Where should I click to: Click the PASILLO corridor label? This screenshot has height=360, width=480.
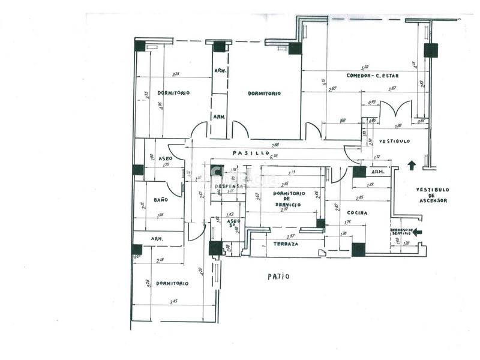pos(250,153)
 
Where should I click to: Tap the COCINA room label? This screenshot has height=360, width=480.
pos(356,212)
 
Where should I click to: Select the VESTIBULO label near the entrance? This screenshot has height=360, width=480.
pos(394,141)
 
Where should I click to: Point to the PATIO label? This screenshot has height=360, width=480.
pos(278,277)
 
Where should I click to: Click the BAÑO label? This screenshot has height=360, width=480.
pos(160,199)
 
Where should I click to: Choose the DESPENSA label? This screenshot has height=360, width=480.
pos(229,186)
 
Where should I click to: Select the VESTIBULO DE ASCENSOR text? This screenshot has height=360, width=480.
pos(432,195)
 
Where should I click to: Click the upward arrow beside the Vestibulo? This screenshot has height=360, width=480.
pos(411,164)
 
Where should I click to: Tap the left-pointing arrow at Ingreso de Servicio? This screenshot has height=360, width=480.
pos(418,232)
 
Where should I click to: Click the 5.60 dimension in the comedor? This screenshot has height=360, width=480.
pos(364,67)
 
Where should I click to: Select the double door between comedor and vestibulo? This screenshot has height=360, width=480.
pos(395,110)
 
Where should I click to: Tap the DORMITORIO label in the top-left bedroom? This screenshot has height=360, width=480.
pos(173,93)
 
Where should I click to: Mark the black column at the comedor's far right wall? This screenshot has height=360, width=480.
pos(430,50)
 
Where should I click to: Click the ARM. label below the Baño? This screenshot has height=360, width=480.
pos(158,238)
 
